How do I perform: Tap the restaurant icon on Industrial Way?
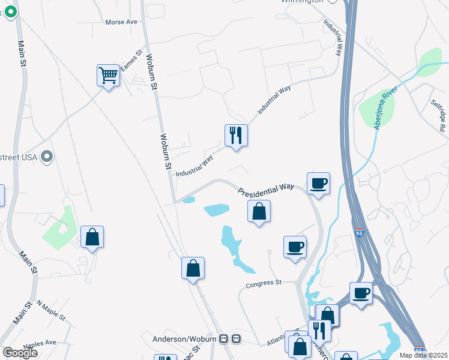coord(236,135)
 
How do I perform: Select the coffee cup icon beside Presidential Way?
coord(318,183)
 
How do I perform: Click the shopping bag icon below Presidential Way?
coord(259,211)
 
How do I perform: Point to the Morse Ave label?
coord(121,22)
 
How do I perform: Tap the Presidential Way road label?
coord(265,190)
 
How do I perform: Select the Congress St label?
coord(264,282)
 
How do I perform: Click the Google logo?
coord(20,353)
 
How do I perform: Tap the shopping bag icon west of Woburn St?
coord(92,237)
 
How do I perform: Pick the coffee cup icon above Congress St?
coord(295,247)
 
